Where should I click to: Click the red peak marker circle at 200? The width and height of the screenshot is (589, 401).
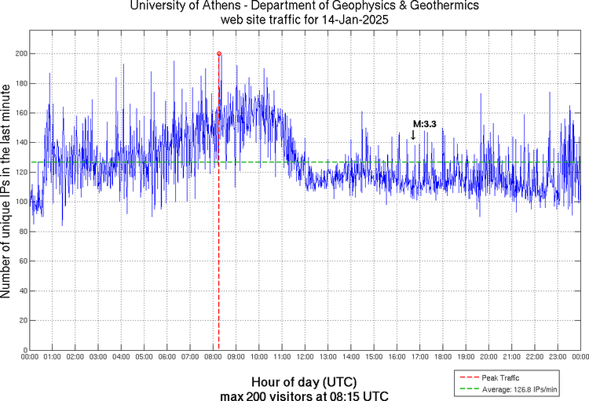[x=219, y=53]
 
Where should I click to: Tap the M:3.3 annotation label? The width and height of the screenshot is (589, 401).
[x=425, y=124]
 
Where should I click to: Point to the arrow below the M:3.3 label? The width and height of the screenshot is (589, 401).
[x=413, y=134]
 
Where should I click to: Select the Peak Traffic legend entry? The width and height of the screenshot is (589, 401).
[x=499, y=377]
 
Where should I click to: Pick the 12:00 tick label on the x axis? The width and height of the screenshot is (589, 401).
[x=305, y=356]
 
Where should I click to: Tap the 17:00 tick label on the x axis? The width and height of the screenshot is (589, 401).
[x=419, y=356]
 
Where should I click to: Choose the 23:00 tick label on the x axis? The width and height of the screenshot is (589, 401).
[x=557, y=356]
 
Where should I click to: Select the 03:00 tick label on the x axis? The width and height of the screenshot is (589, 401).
[x=98, y=356]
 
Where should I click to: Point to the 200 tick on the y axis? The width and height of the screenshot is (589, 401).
[x=19, y=53]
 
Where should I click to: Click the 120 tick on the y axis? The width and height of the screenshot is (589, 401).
[x=19, y=172]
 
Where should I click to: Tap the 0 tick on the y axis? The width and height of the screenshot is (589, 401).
[x=24, y=350]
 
